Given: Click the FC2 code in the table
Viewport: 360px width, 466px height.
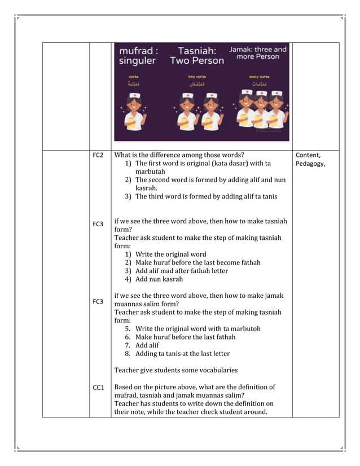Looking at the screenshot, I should [98, 155].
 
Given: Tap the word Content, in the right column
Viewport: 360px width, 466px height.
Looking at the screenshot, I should [308, 155].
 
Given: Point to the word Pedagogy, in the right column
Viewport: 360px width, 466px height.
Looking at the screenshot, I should [310, 164].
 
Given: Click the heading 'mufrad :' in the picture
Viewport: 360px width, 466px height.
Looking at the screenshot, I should [138, 51].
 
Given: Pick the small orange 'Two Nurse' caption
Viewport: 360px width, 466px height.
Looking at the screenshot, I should [197, 76].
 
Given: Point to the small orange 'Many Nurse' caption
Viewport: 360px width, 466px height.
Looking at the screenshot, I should [259, 76].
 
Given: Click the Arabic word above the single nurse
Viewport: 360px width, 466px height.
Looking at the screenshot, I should [134, 83].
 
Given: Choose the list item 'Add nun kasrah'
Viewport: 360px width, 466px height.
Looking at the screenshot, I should [159, 279].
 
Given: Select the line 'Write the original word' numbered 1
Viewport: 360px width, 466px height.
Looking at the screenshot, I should [170, 254].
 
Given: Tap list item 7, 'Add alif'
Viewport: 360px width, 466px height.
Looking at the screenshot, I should [147, 345].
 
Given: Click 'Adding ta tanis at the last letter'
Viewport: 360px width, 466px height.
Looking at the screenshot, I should [182, 354].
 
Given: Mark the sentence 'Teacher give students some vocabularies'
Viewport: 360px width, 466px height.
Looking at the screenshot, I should [175, 371].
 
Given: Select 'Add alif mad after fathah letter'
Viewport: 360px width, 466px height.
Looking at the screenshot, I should [182, 271].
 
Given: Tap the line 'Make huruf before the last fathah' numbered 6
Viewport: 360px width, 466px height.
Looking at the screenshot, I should [185, 337].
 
